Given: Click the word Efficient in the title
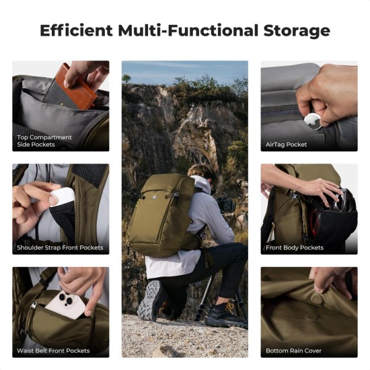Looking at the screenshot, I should [x=75, y=30].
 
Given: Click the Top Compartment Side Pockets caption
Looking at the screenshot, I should [x=45, y=141].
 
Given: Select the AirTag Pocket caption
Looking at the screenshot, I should [x=287, y=144].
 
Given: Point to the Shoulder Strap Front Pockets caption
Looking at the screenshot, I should [x=61, y=248].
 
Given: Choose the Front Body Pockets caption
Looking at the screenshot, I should [x=295, y=248].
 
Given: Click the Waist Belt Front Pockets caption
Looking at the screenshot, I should [x=54, y=350].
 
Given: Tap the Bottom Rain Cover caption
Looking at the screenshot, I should [x=294, y=350].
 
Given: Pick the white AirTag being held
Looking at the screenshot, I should [x=311, y=120].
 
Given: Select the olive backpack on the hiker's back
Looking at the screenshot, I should [x=165, y=214].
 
